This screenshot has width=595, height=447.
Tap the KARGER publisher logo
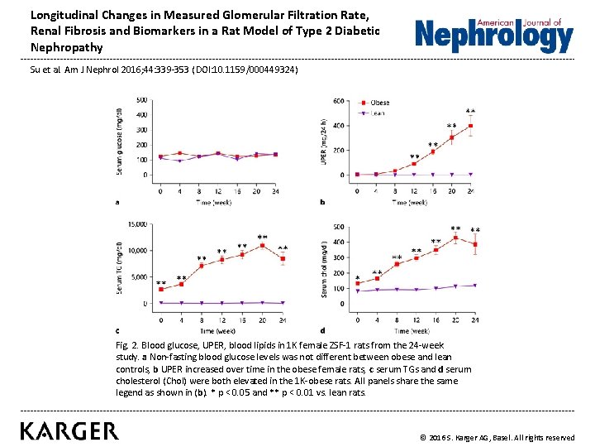[x=69, y=430]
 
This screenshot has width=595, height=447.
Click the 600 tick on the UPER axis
[x=340, y=101]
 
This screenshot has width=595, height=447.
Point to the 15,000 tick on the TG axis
[x=136, y=223]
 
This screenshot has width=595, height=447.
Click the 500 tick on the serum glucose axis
[x=142, y=101]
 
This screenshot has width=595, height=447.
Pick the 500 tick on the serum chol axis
[x=339, y=227]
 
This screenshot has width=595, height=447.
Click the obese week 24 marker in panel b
[x=470, y=127]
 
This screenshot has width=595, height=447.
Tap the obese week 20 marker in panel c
[x=263, y=245]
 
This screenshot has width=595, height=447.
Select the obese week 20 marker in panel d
[x=455, y=238]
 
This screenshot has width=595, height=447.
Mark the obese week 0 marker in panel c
[x=161, y=289]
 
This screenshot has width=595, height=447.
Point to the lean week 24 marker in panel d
[x=475, y=286]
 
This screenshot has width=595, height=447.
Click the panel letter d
[x=322, y=330]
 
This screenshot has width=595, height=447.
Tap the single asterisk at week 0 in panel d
[x=357, y=278]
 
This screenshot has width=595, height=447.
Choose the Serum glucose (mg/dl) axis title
[x=120, y=141]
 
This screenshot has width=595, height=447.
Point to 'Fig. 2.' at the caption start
[x=127, y=344]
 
